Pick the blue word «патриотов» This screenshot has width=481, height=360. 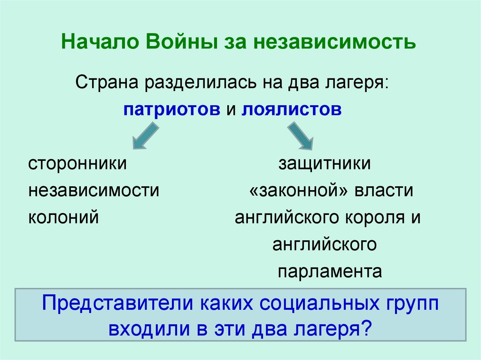172,109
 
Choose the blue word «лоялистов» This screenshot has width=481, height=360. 292,109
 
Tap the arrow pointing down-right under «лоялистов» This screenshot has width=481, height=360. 300,136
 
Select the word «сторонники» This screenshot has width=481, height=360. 77,164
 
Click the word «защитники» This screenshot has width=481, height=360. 325,164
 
